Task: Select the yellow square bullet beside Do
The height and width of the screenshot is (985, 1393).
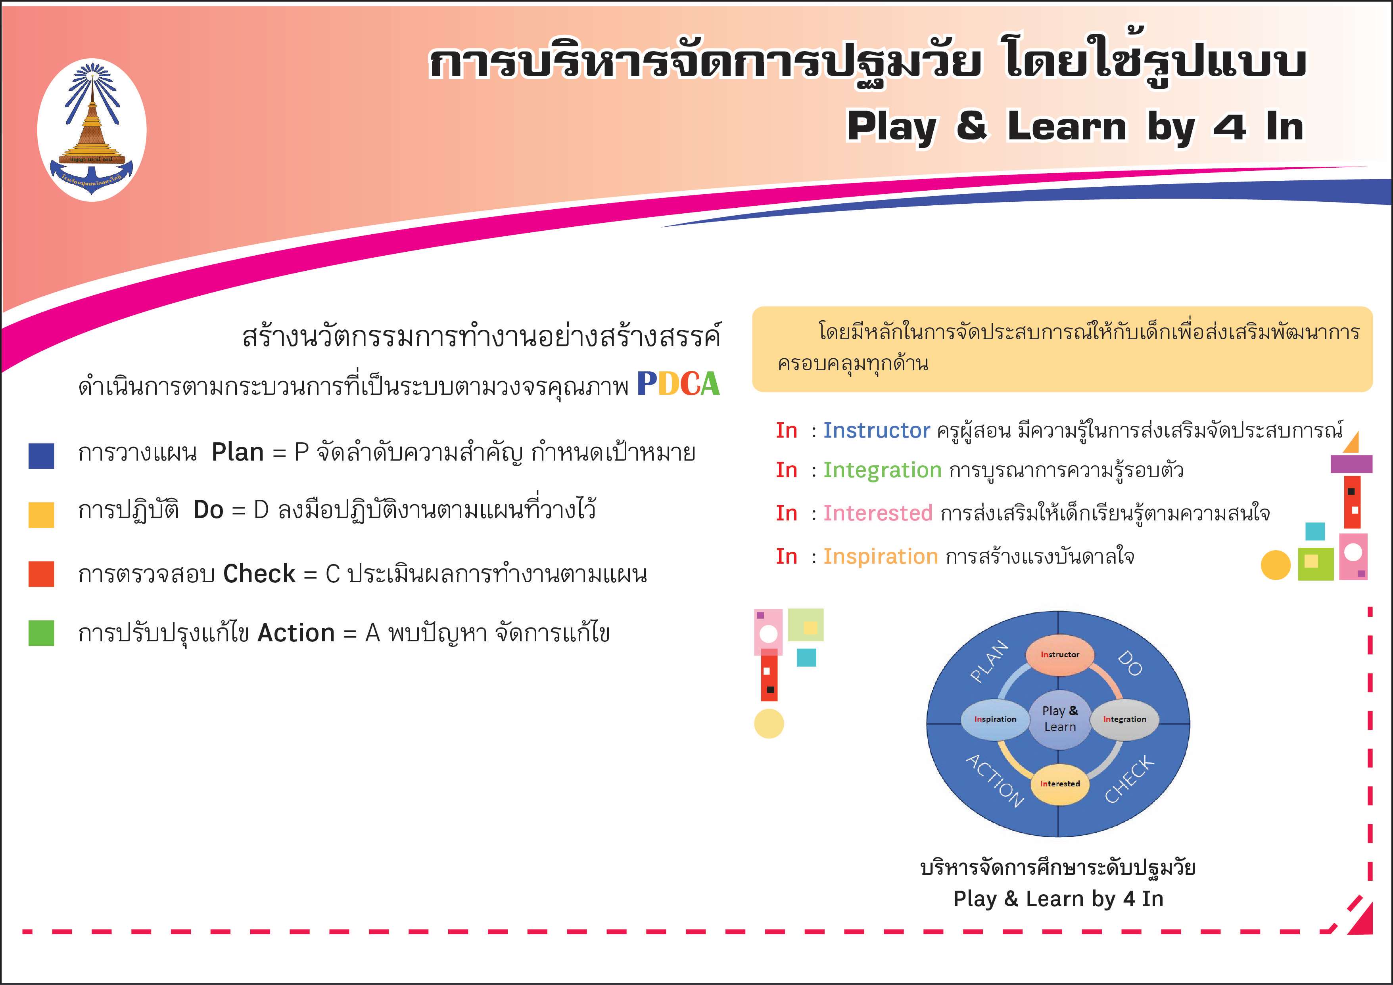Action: pos(41,515)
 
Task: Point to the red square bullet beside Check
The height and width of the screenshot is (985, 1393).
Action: pos(41,574)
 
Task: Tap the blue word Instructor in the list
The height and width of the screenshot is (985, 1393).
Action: pos(877,430)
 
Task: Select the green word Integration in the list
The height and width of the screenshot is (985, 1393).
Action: pos(882,471)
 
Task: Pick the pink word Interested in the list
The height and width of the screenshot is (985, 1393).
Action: pos(878,514)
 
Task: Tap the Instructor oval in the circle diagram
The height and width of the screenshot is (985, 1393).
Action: pos(1060,654)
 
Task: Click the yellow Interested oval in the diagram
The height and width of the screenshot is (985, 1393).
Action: pos(1060,784)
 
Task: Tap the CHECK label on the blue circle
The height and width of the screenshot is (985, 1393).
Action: pos(1129,779)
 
